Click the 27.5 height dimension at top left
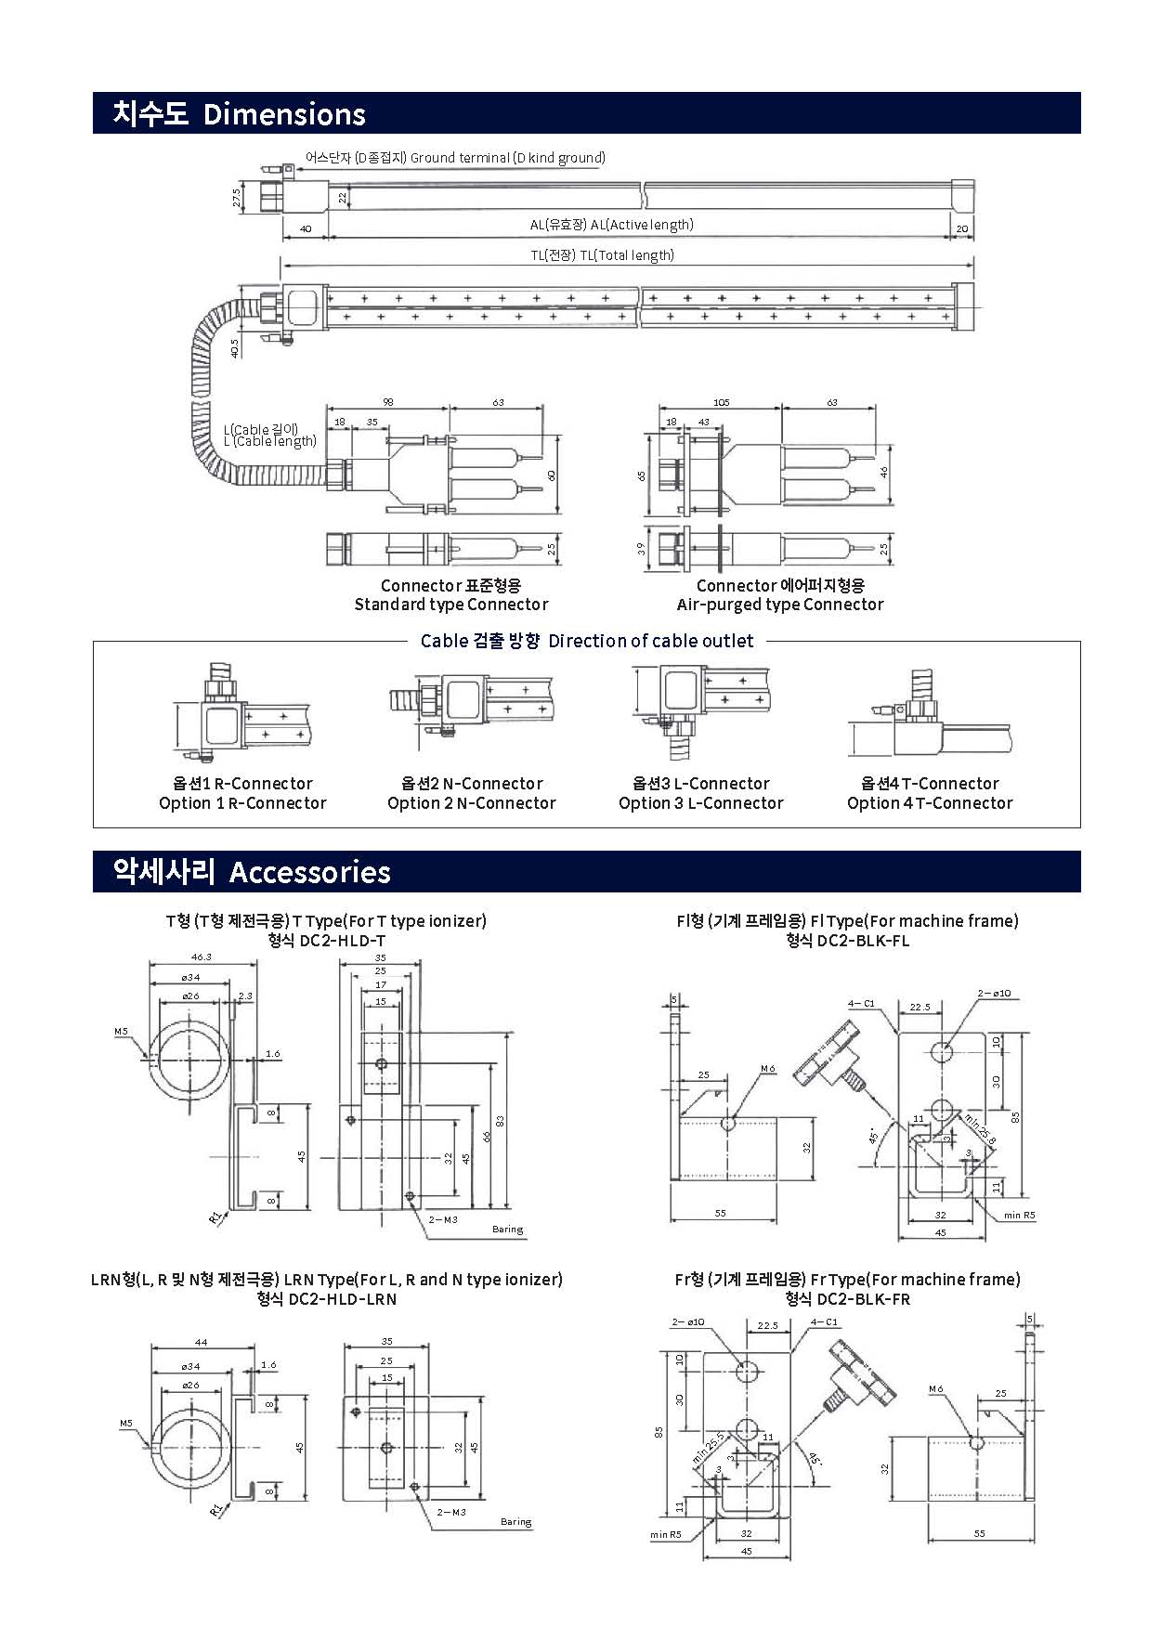coord(237,198)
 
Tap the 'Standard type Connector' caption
coord(450,605)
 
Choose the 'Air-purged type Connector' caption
coord(779,605)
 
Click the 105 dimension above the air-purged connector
coord(721,403)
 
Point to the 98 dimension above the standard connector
coord(387,403)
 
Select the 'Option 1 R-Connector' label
coord(242,803)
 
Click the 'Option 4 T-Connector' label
coord(929,803)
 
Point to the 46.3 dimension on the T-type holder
coord(202,957)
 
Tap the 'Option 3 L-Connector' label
coord(700,803)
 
